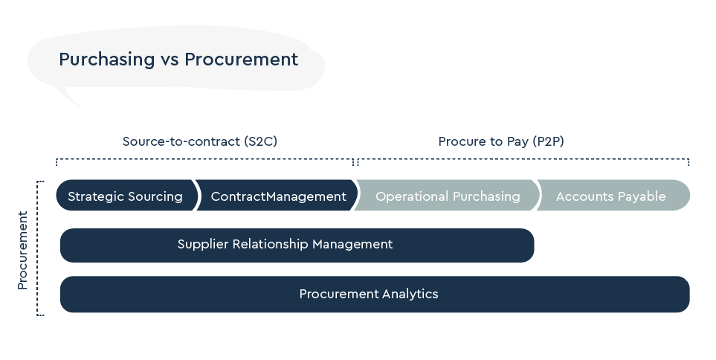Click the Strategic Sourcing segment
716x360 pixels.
pyautogui.click(x=125, y=196)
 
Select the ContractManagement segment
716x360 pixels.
pyautogui.click(x=278, y=196)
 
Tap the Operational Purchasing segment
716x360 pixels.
pyautogui.click(x=448, y=196)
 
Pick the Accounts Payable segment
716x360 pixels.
pyautogui.click(x=611, y=196)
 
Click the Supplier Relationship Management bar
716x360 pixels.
pyautogui.click(x=297, y=245)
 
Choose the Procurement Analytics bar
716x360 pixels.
pyautogui.click(x=375, y=294)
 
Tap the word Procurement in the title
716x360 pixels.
pyautogui.click(x=241, y=60)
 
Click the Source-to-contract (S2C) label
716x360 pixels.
pyautogui.click(x=199, y=141)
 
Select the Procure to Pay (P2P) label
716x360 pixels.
pyautogui.click(x=500, y=141)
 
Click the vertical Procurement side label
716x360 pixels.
pyautogui.click(x=22, y=251)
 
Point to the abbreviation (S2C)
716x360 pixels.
pyautogui.click(x=260, y=141)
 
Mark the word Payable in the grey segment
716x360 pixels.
pyautogui.click(x=641, y=196)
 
